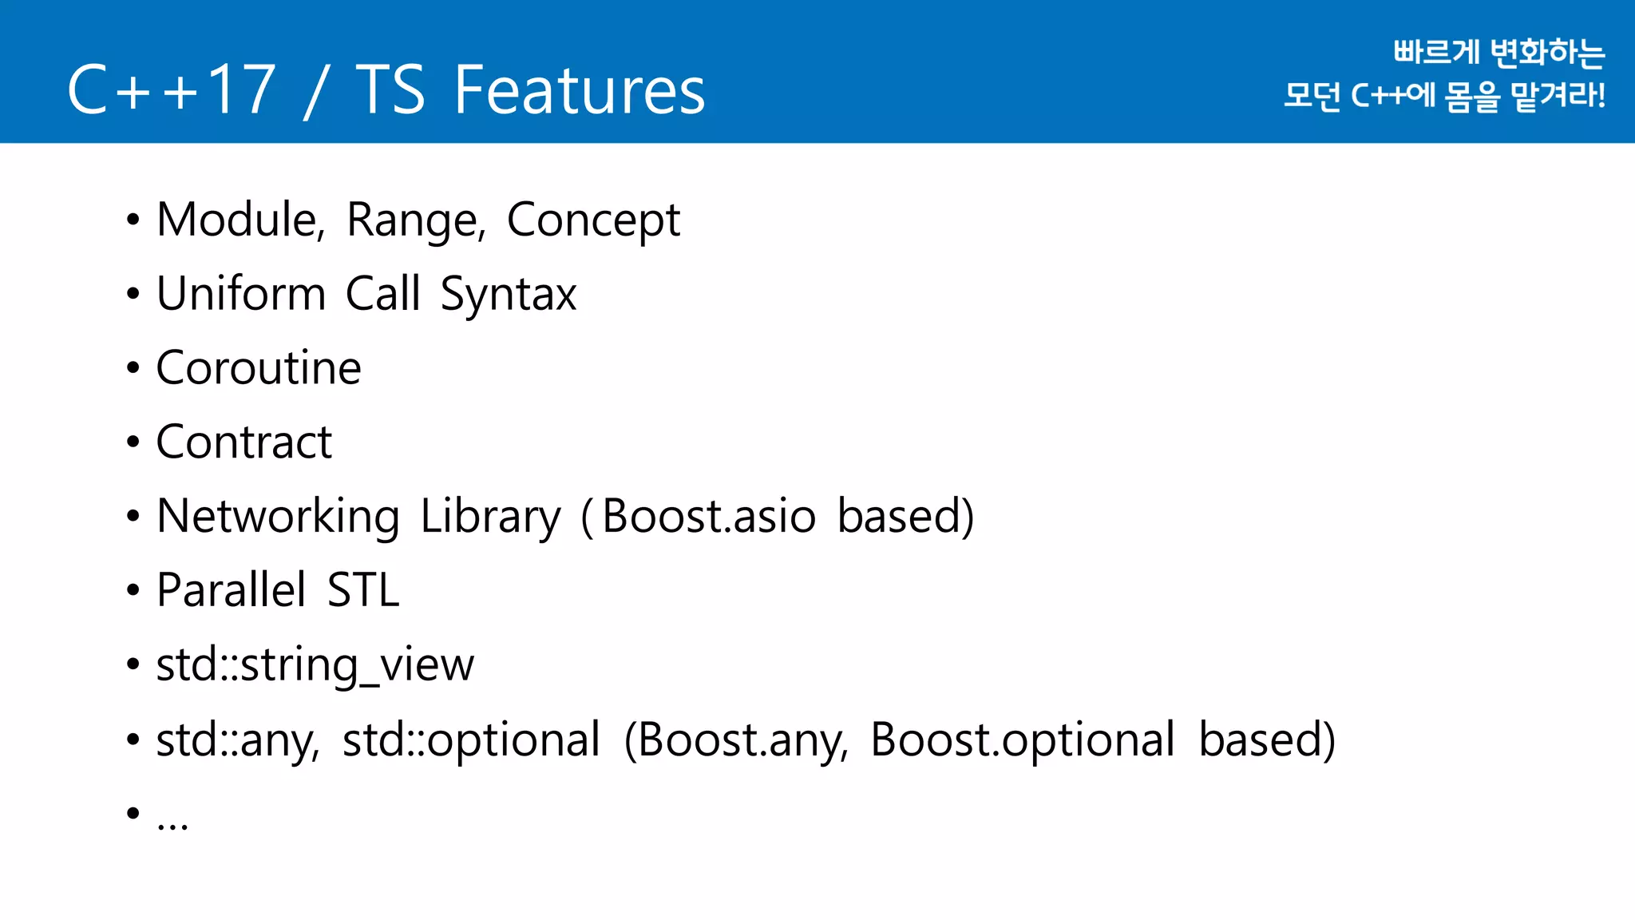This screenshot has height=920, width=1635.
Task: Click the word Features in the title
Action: (580, 90)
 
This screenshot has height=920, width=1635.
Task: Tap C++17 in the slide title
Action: (172, 90)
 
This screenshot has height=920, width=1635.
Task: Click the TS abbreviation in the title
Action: (390, 90)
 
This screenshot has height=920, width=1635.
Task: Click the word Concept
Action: (593, 221)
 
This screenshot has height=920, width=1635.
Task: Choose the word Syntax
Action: (508, 295)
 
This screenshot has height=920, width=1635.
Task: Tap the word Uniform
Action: (240, 293)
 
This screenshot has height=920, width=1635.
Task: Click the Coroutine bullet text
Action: (259, 368)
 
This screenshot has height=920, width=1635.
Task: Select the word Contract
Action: (243, 442)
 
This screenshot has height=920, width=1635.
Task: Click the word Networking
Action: (278, 517)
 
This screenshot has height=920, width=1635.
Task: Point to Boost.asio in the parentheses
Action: (708, 516)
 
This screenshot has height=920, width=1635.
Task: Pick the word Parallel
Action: (231, 590)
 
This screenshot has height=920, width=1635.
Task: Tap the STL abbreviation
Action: (363, 590)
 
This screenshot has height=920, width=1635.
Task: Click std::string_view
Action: (315, 665)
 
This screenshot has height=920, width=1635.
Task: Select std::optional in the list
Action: (471, 740)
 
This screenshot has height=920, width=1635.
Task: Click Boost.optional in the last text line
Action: (1022, 740)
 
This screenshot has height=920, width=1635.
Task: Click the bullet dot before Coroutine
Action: (133, 368)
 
